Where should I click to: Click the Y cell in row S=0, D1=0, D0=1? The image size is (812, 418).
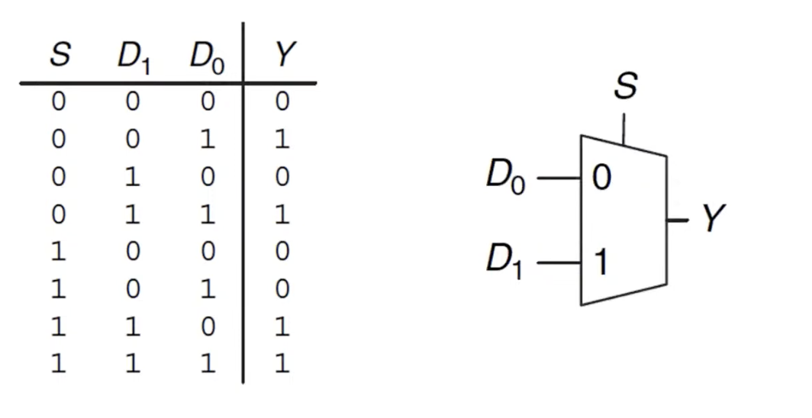(282, 140)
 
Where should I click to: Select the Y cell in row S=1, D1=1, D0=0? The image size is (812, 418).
(282, 327)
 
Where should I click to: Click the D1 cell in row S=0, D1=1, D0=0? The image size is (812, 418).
(133, 178)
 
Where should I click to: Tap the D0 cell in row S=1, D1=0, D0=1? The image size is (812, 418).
(208, 290)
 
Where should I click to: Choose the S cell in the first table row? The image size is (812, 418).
(59, 103)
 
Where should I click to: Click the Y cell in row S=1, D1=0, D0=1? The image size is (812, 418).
(282, 290)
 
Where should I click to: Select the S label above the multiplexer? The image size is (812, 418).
(624, 87)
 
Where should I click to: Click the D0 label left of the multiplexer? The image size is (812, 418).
(506, 178)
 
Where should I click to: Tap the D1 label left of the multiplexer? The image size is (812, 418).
(506, 262)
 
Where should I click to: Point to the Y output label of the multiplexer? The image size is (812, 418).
(713, 219)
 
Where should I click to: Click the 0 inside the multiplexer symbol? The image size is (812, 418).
(601, 179)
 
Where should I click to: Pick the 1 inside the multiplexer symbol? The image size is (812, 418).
(601, 263)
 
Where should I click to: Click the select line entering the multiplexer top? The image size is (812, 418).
(624, 128)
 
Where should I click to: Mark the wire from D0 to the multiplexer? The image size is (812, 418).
(559, 179)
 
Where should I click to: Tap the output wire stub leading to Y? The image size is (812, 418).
(678, 220)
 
